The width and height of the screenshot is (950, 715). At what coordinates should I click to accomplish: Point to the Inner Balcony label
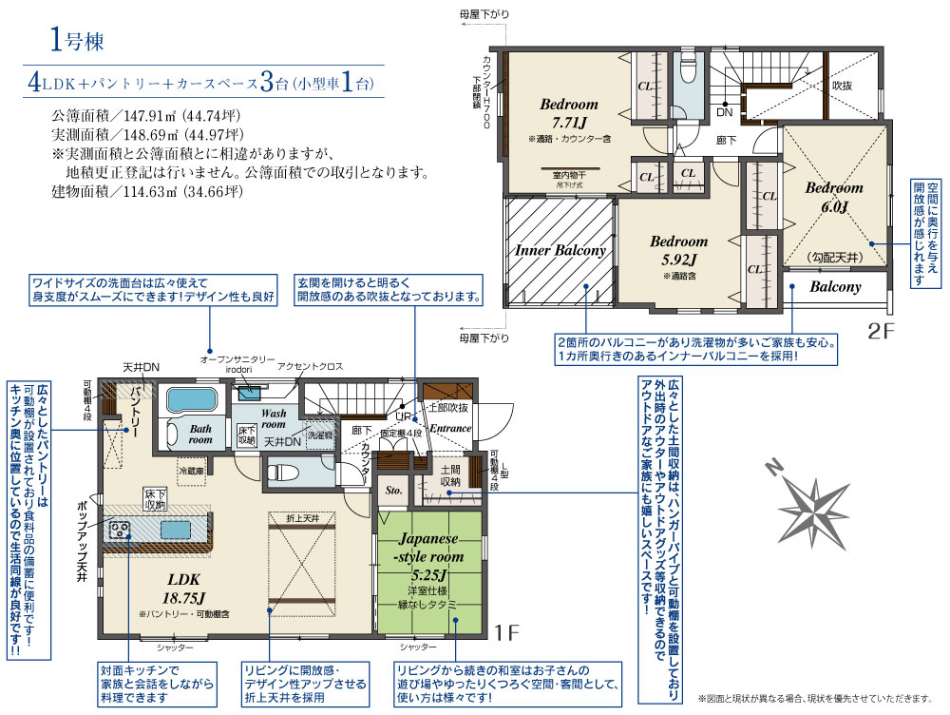coord(560,251)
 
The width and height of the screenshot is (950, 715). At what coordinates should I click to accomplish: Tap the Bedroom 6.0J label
coord(833,196)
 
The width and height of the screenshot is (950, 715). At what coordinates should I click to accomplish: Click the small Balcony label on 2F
coord(835,286)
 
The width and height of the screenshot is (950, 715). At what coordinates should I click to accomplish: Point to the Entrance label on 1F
coord(450,429)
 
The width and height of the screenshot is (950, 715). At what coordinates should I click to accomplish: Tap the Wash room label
coord(275,420)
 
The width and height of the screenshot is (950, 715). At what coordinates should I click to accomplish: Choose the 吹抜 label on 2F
coord(842,85)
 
